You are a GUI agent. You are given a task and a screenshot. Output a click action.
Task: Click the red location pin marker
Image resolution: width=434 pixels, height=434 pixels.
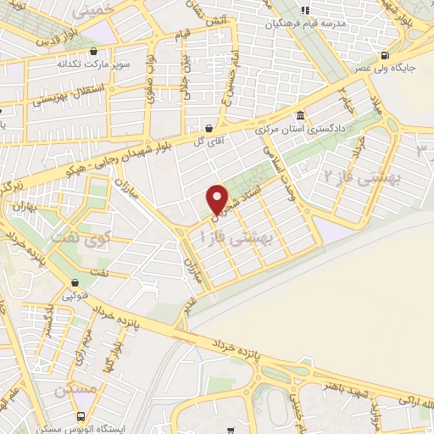pos(219,199)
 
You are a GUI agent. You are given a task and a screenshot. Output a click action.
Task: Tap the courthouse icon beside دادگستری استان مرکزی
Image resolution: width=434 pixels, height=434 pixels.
pos(298,117)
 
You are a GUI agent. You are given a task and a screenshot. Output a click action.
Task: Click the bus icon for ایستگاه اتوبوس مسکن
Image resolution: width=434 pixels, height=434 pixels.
pos(81,416)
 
